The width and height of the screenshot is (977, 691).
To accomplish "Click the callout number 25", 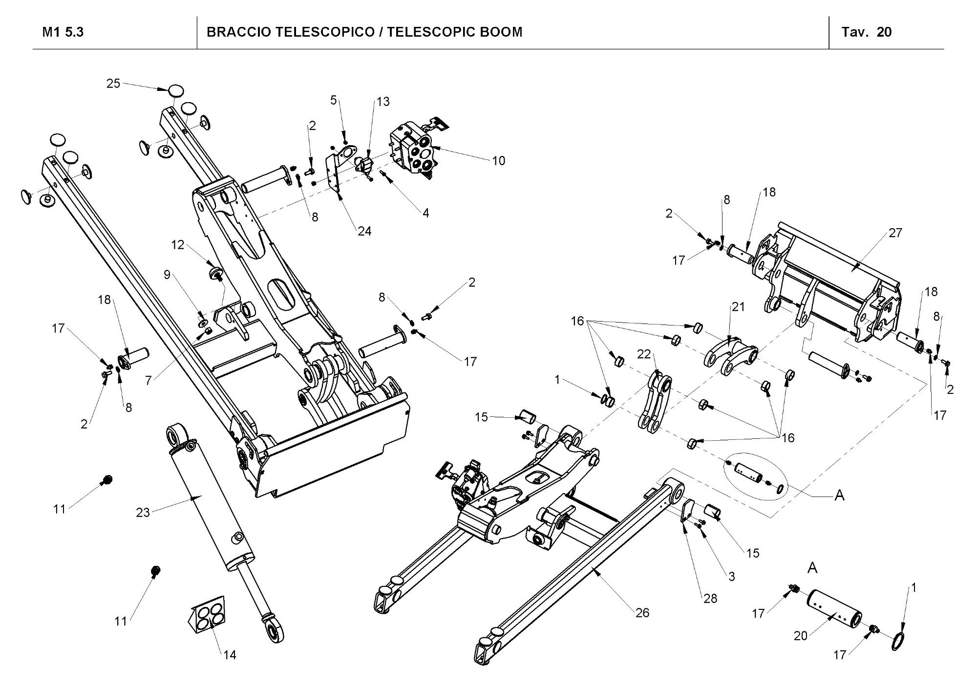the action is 113,84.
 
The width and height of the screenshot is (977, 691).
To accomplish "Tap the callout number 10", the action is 498,161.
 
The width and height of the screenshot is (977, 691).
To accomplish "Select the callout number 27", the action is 895,233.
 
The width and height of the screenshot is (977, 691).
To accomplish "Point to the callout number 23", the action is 143,513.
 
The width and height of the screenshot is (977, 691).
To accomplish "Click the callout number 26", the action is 642,613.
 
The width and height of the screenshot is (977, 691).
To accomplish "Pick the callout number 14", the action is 230,655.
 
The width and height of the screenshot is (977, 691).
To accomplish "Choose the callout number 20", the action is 801,636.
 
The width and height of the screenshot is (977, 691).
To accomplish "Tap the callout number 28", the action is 710,598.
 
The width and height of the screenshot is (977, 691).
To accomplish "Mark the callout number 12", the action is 178,245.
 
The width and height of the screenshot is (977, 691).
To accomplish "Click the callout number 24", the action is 364,231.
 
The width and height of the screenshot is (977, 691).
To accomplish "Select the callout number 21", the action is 738,306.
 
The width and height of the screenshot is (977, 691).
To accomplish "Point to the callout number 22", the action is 644,354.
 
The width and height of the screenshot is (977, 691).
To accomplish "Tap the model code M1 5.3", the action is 63,32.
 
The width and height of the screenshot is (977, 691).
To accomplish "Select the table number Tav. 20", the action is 867,32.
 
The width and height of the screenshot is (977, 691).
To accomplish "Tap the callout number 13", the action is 383,102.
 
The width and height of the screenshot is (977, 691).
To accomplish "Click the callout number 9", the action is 167,275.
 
